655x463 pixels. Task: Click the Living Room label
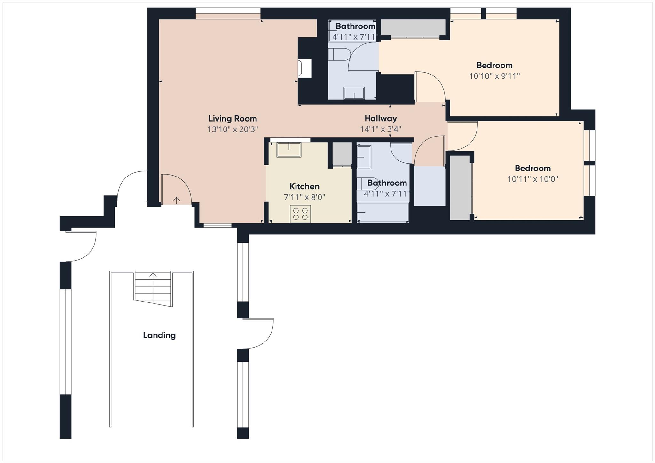click(x=233, y=119)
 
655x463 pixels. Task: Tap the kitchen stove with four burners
click(x=300, y=214)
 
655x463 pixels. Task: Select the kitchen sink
click(x=289, y=150)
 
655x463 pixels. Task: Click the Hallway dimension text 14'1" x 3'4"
click(x=381, y=129)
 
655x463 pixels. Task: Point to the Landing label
click(x=159, y=335)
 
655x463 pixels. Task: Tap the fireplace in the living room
click(x=304, y=68)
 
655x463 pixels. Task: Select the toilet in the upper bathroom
click(x=340, y=54)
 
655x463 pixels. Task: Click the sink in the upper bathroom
click(x=354, y=93)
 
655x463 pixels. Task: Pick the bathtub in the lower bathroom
click(x=383, y=212)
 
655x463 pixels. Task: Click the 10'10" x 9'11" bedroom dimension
click(x=494, y=76)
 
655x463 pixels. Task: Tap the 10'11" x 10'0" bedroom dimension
click(x=533, y=179)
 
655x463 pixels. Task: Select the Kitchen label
click(x=304, y=186)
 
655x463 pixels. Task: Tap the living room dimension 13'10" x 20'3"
click(x=233, y=129)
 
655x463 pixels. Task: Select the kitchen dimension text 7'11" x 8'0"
click(x=304, y=197)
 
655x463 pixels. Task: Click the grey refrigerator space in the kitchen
click(x=342, y=154)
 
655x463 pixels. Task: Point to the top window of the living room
click(x=228, y=13)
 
